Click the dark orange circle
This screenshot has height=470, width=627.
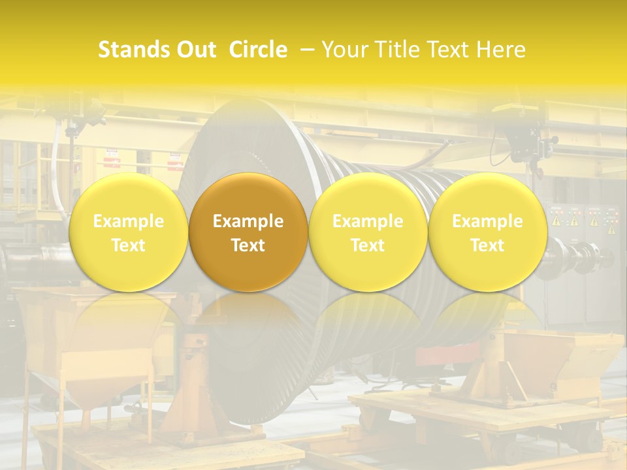click(248, 232)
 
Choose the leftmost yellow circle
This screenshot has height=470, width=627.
click(129, 232)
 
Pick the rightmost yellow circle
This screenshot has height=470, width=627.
click(487, 232)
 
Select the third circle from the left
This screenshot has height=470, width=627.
click(368, 232)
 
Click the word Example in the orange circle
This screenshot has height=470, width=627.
click(248, 221)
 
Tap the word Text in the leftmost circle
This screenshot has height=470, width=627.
click(129, 245)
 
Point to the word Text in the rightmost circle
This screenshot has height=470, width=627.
click(487, 245)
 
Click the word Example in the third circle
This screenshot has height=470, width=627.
click(368, 221)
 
